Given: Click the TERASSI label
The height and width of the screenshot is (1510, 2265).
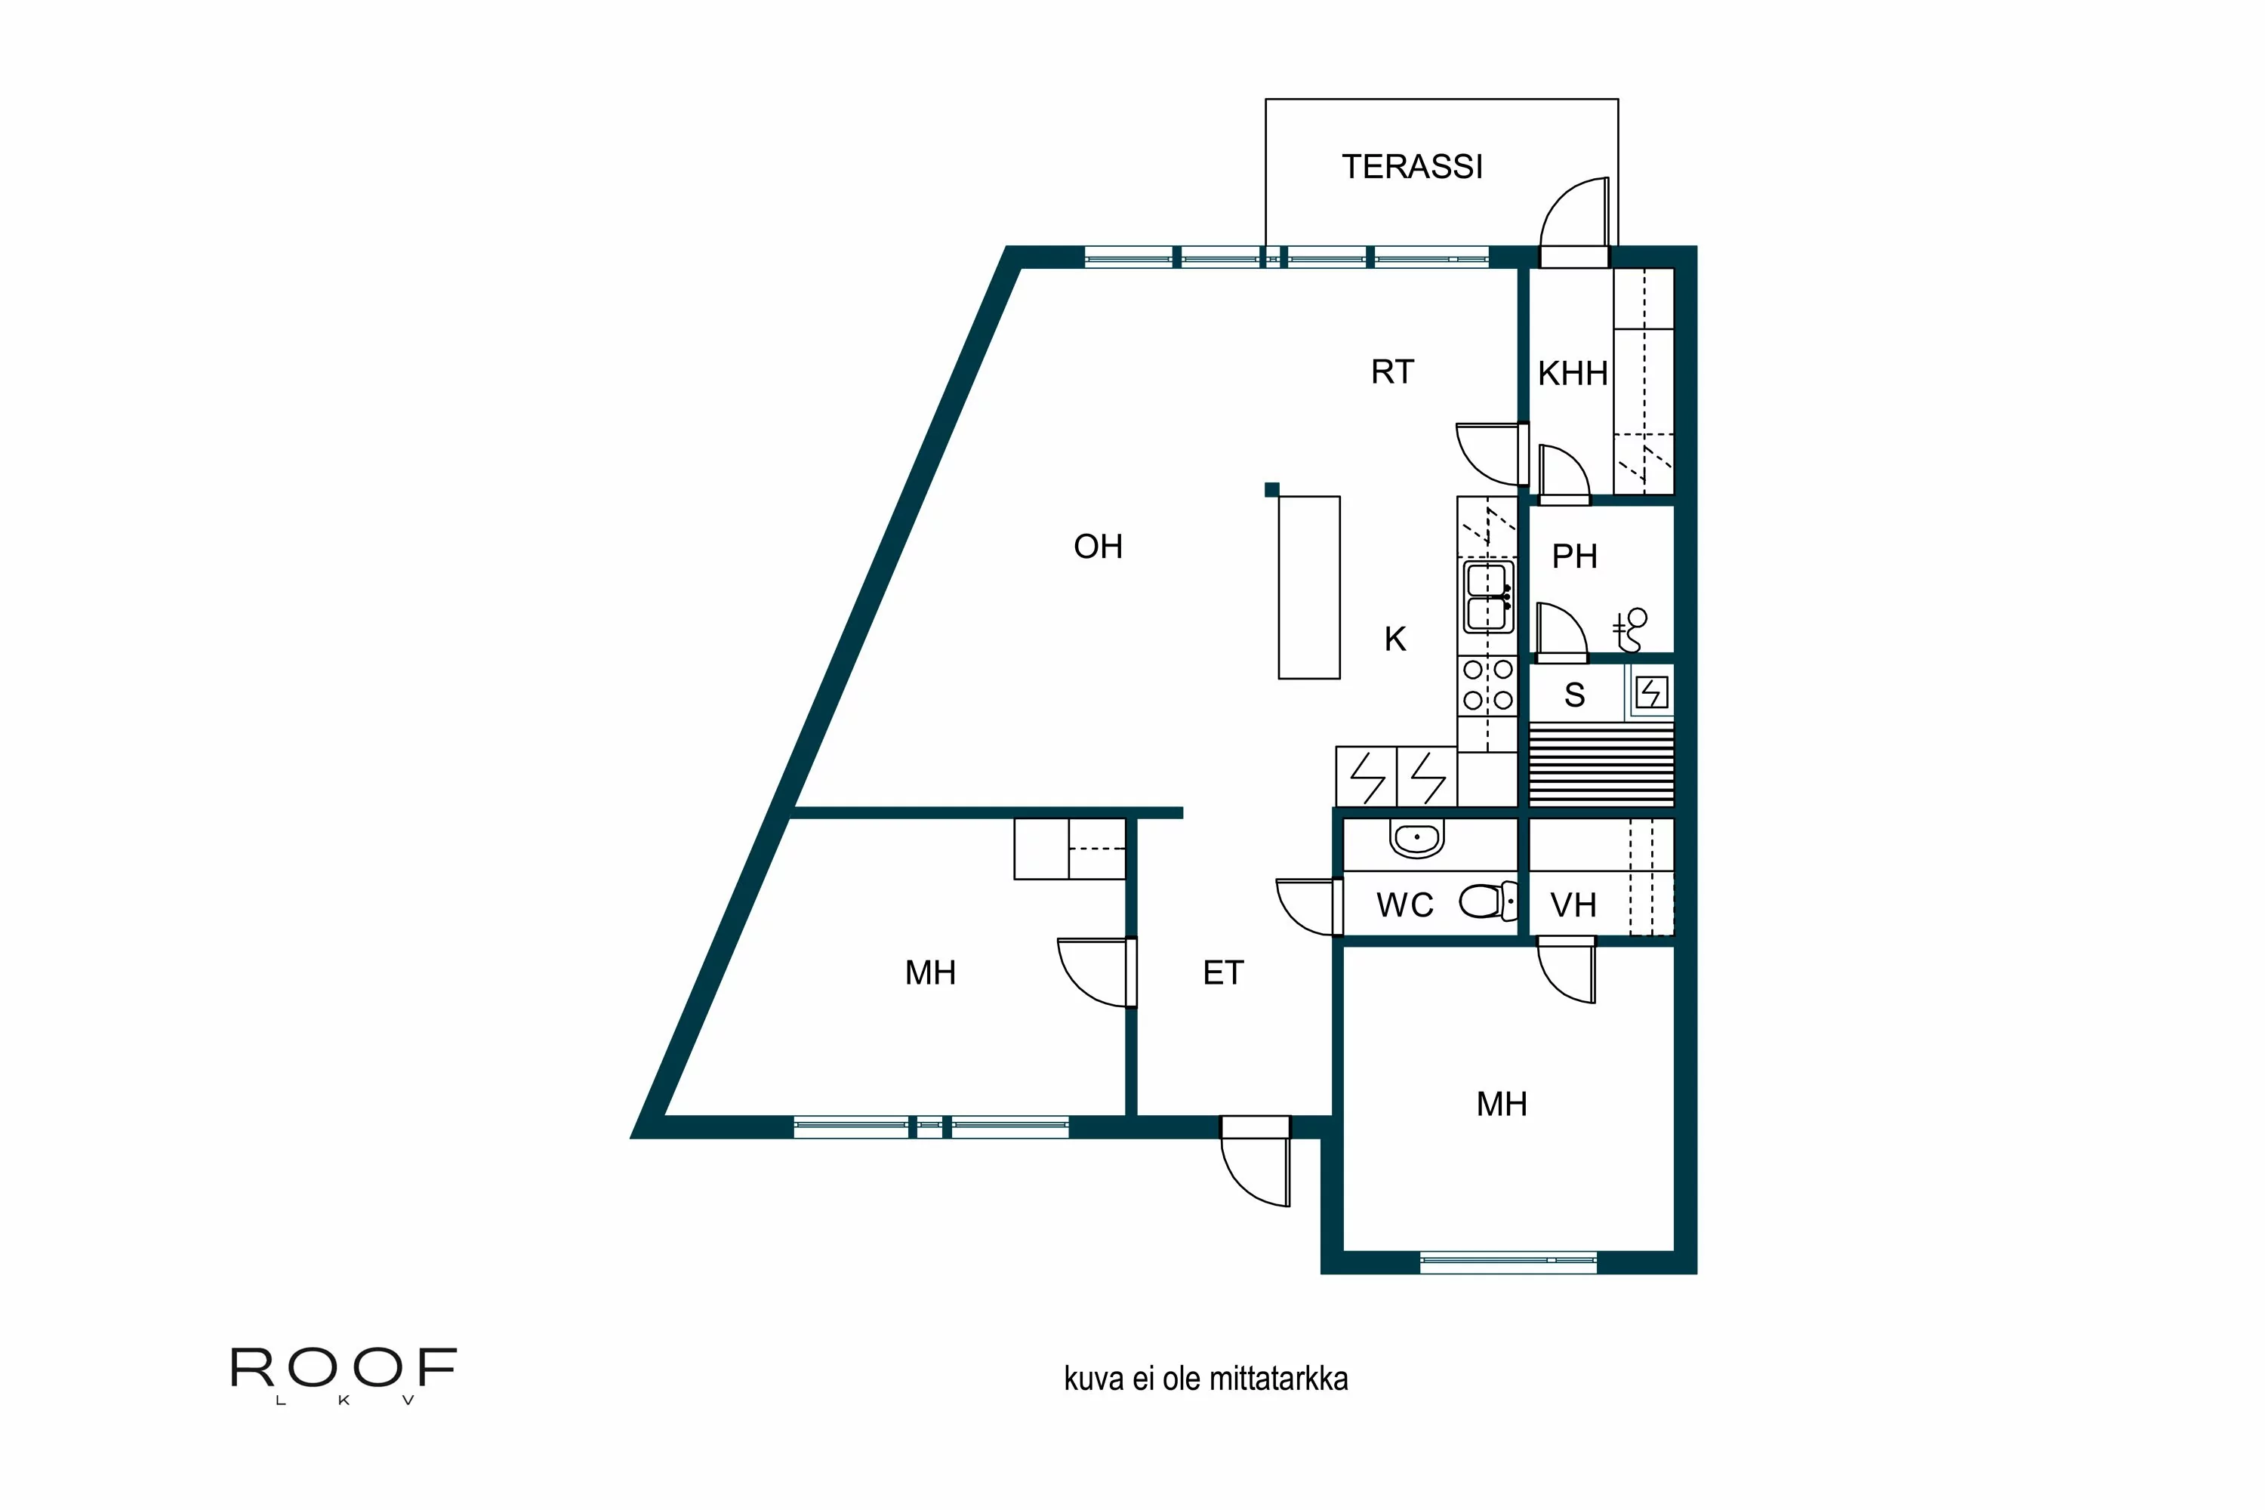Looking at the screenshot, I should pos(1412,168).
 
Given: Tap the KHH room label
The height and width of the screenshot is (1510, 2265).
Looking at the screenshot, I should pos(1572,374).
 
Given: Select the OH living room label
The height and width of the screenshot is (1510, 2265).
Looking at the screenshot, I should pos(1098,547).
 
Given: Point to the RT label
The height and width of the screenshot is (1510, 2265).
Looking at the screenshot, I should pos(1391,371).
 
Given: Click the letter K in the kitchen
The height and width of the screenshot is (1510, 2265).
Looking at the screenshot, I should pos(1394,639).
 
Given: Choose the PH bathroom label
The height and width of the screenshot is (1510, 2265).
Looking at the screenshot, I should pos(1574,556).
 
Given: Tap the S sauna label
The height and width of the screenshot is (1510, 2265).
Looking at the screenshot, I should pos(1574,695).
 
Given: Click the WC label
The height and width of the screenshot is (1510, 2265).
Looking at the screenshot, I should pos(1405,905).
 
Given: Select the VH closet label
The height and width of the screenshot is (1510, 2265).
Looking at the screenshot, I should pos(1573,905).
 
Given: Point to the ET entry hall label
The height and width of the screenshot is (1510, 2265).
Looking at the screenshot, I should pos(1223,972).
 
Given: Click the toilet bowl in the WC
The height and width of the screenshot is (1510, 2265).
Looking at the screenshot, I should pos(1483,902).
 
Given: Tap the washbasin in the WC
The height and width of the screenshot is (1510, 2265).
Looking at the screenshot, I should pos(1416,838).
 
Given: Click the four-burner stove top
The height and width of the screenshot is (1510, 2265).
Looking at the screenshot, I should pos(1488,685).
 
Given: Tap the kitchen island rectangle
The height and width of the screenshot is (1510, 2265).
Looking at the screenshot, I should pos(1308,587).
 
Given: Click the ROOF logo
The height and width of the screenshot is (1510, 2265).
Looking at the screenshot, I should pos(343,1368).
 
